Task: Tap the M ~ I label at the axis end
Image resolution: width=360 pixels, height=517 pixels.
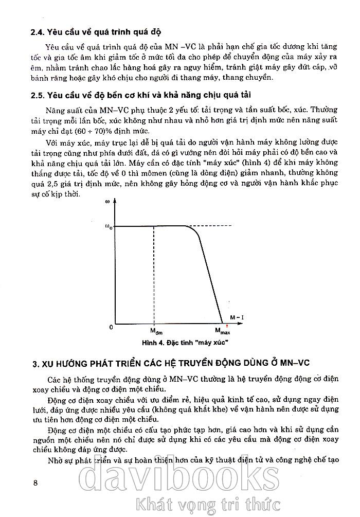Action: pos(236,317)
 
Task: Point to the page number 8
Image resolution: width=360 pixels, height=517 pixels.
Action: pos(35,482)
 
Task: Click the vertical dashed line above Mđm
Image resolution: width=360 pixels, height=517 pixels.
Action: pos(154,273)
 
